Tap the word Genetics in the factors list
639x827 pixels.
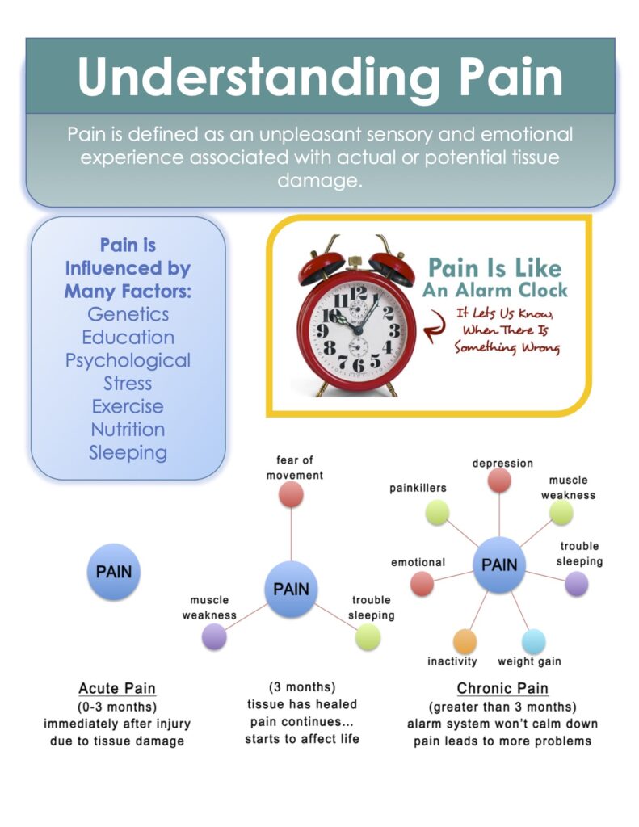[128, 313]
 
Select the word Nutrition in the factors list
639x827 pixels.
[128, 430]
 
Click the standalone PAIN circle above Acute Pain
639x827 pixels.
[114, 572]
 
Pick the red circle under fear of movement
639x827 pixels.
[291, 494]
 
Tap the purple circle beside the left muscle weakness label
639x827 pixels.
[214, 637]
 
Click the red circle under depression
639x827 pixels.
[500, 481]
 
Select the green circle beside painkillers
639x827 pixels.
[437, 512]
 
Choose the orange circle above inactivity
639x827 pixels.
[465, 641]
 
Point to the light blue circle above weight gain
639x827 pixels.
[534, 641]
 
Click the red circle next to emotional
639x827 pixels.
[422, 583]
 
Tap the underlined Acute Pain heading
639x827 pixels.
[117, 688]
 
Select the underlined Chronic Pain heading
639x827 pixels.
[502, 688]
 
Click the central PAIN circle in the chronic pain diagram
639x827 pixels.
[499, 565]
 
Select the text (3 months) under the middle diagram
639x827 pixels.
[301, 686]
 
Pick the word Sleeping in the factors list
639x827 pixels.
[128, 452]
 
